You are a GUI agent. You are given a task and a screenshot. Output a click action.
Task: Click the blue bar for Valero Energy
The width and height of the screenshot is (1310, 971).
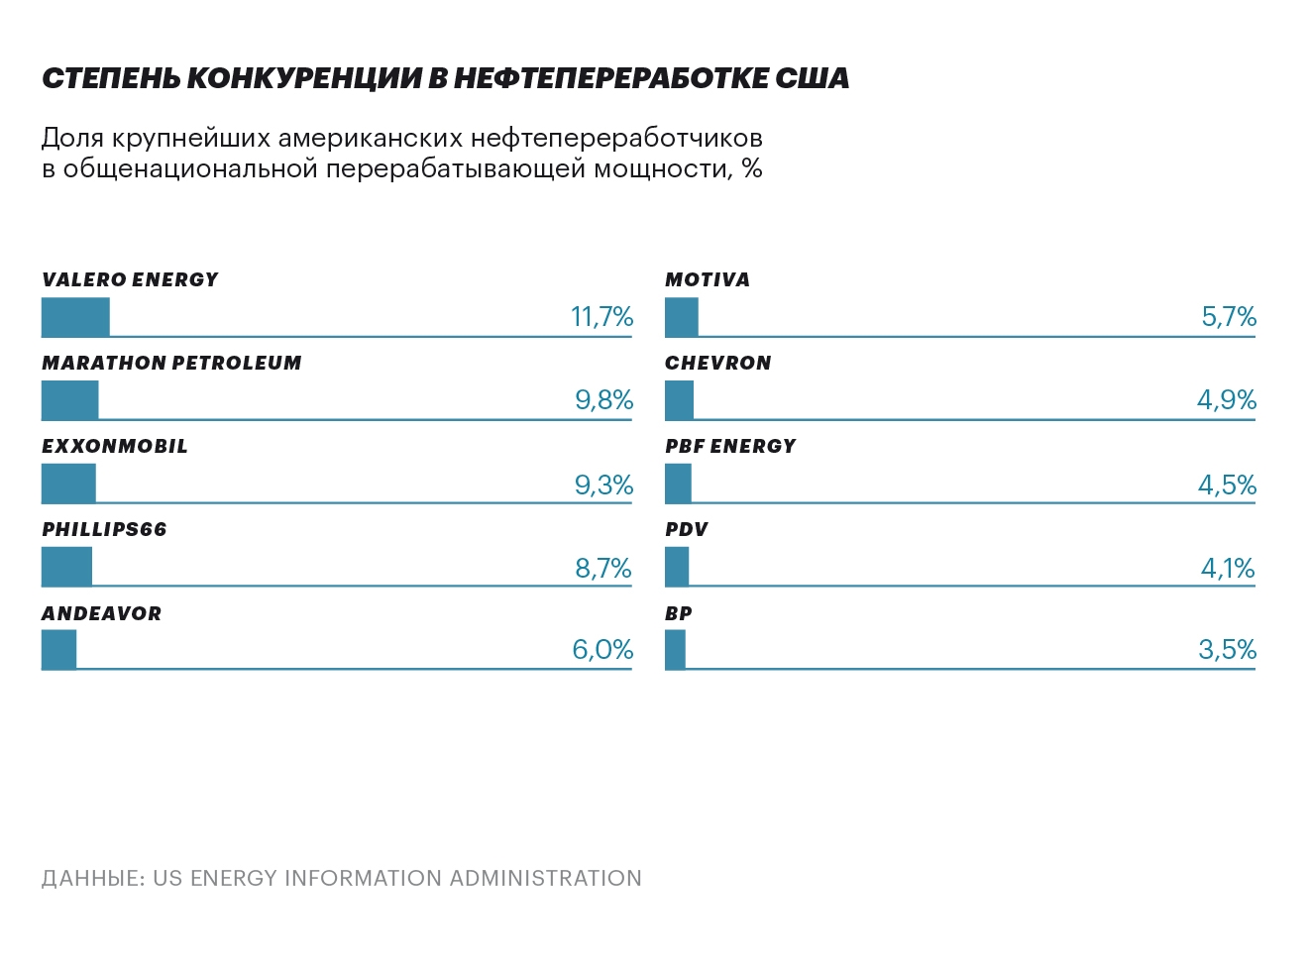click(x=75, y=317)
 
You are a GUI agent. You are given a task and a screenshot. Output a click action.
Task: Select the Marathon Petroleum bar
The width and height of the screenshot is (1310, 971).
click(x=69, y=400)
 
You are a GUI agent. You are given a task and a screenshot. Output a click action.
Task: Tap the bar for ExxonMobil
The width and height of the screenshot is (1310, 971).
click(x=68, y=484)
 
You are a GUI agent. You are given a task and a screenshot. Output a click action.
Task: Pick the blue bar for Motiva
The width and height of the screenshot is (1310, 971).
click(x=681, y=317)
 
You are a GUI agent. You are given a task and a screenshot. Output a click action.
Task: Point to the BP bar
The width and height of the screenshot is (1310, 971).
click(x=675, y=650)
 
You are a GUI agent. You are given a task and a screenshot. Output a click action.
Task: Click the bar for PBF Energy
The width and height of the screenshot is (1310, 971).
click(x=678, y=484)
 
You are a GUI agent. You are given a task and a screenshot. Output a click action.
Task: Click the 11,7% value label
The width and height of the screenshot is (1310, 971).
click(x=601, y=317)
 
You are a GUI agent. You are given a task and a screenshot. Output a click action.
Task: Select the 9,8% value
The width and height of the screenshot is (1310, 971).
click(x=603, y=400)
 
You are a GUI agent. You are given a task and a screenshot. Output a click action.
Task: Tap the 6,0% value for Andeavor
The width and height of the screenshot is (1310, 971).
click(x=602, y=650)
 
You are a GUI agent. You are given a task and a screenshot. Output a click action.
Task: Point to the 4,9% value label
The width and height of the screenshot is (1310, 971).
click(x=1227, y=400)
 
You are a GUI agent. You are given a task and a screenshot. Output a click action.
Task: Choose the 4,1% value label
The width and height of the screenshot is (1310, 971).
click(x=1228, y=569)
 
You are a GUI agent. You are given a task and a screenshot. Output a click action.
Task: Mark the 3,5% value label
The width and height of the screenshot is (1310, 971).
click(x=1227, y=650)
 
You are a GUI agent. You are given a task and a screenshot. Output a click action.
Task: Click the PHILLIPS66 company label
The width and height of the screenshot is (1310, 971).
click(x=104, y=529)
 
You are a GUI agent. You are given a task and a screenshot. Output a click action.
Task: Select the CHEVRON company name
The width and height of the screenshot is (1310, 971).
click(x=717, y=363)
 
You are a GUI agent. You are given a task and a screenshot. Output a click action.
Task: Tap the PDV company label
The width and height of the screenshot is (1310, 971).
click(x=686, y=529)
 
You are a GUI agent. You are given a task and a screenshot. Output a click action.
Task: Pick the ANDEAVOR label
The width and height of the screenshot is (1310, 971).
click(x=101, y=613)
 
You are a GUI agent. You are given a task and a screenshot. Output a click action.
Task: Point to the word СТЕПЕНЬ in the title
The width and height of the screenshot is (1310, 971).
click(x=110, y=79)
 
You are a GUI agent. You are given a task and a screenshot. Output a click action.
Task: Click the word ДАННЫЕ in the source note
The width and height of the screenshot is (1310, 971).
click(x=92, y=879)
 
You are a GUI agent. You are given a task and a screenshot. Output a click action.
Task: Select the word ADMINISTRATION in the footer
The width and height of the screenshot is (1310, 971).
click(x=545, y=879)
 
